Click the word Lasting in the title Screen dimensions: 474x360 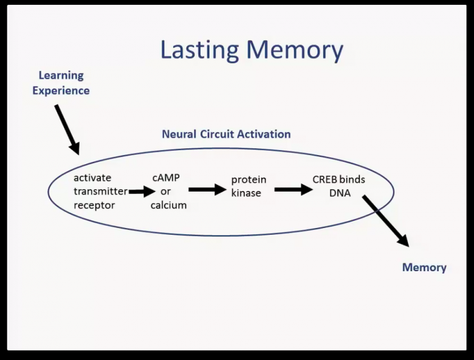(x=199, y=50)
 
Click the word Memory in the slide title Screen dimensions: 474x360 (x=295, y=50)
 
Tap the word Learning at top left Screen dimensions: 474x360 (x=61, y=75)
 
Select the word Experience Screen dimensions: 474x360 (x=61, y=91)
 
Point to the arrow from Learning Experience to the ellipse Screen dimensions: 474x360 (x=67, y=130)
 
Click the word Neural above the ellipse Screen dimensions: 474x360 (x=179, y=134)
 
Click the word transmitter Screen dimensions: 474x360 (x=101, y=192)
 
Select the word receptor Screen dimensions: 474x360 (x=94, y=206)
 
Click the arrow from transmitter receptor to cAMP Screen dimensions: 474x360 (x=142, y=192)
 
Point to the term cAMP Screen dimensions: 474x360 (x=166, y=178)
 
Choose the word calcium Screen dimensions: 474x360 (x=169, y=205)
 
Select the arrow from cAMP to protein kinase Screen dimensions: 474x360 (x=207, y=190)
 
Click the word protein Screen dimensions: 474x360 (x=249, y=180)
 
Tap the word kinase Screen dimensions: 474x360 (x=246, y=193)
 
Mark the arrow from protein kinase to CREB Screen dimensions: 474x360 (x=294, y=190)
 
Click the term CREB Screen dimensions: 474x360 (x=325, y=180)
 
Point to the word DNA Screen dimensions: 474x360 (x=340, y=193)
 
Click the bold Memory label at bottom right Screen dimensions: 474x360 (x=424, y=268)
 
